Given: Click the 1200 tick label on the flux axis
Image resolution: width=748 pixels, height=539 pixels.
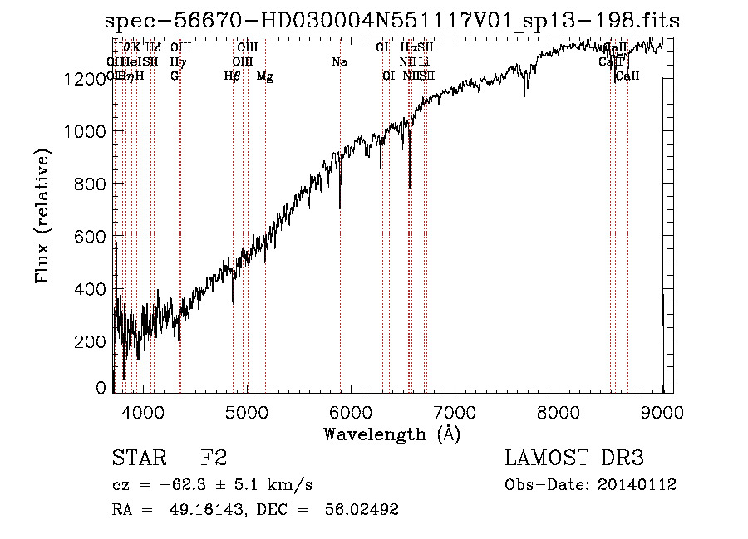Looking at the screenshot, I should (x=86, y=79).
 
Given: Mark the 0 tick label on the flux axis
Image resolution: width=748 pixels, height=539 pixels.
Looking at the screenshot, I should (x=101, y=388).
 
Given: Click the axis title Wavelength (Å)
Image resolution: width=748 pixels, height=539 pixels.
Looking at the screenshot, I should (x=391, y=434).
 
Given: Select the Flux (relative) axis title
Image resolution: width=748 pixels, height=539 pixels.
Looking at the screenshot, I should (x=42, y=217).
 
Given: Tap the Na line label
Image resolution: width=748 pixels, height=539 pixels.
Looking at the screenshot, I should (x=339, y=61).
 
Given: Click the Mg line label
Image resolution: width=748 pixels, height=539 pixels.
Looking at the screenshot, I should (x=264, y=76).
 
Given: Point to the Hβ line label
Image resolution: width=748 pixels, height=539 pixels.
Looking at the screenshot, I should (x=233, y=76).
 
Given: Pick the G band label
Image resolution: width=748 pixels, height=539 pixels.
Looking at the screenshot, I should (x=175, y=76).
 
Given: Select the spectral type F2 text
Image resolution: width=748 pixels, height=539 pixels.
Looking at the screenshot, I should (x=214, y=458).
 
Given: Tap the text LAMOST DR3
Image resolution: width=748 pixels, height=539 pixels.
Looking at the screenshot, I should (x=574, y=458).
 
